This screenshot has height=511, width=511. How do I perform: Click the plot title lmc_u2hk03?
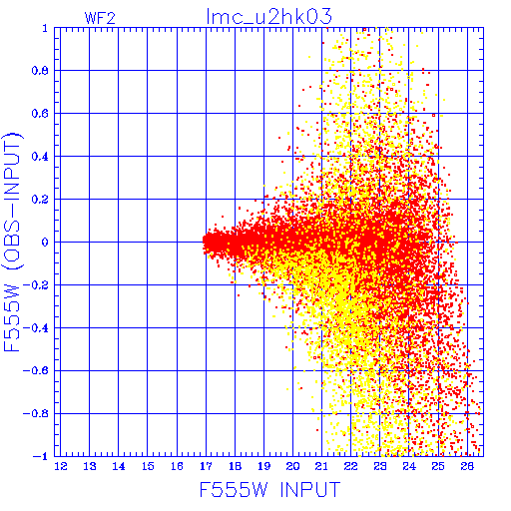[x=269, y=17]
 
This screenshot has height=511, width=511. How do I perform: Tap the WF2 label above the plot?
[x=100, y=18]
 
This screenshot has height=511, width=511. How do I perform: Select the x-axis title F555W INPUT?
[x=270, y=489]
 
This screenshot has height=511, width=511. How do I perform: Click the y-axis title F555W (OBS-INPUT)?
[x=12, y=242]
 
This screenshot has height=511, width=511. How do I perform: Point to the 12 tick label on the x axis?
[x=61, y=466]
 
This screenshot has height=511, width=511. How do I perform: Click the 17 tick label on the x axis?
[x=206, y=466]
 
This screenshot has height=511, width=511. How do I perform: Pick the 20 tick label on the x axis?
[x=293, y=466]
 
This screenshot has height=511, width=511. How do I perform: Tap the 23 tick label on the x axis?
[x=380, y=466]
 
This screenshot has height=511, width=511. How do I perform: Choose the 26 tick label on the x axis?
[x=467, y=466]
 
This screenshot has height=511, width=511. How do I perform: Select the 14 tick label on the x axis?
[x=119, y=466]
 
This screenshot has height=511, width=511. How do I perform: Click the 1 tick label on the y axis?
[x=45, y=28]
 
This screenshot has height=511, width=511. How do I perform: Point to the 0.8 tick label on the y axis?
[x=40, y=71]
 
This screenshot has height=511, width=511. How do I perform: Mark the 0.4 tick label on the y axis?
[x=40, y=157]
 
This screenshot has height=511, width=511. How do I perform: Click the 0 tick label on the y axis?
[x=45, y=243]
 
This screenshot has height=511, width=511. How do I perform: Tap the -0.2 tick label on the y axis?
[x=36, y=285]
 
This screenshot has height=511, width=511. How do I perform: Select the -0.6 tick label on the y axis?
[x=36, y=370]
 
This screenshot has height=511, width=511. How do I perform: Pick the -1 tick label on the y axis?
[x=41, y=456]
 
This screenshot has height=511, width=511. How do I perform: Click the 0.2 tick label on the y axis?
[x=40, y=200]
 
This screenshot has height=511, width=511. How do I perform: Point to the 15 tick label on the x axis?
[x=148, y=466]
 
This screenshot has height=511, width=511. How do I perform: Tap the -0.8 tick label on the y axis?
[x=36, y=413]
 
